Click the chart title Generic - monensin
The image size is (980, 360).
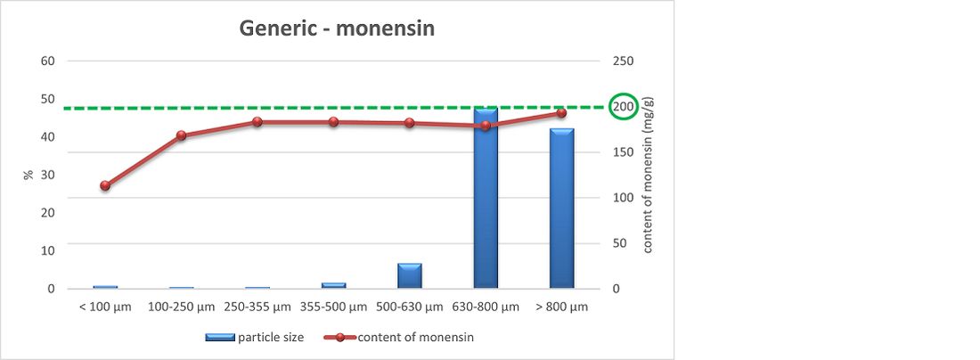click(x=336, y=29)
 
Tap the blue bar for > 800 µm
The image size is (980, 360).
click(x=561, y=209)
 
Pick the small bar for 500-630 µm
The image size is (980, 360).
click(x=410, y=276)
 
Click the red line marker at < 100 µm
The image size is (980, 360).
click(x=105, y=185)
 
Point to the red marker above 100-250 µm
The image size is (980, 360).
click(x=181, y=135)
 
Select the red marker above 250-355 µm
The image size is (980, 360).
click(x=257, y=121)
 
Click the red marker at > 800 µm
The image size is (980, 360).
click(x=561, y=113)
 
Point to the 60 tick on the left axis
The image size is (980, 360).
click(x=48, y=61)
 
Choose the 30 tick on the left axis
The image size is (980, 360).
click(x=48, y=175)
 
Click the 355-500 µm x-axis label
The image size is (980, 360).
click(x=333, y=307)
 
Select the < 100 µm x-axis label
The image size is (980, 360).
click(x=105, y=307)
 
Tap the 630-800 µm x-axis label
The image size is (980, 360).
click(x=486, y=307)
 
